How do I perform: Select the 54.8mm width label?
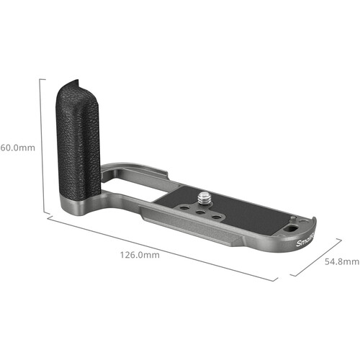[341, 261]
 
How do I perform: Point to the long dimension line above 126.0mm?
[158, 248]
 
